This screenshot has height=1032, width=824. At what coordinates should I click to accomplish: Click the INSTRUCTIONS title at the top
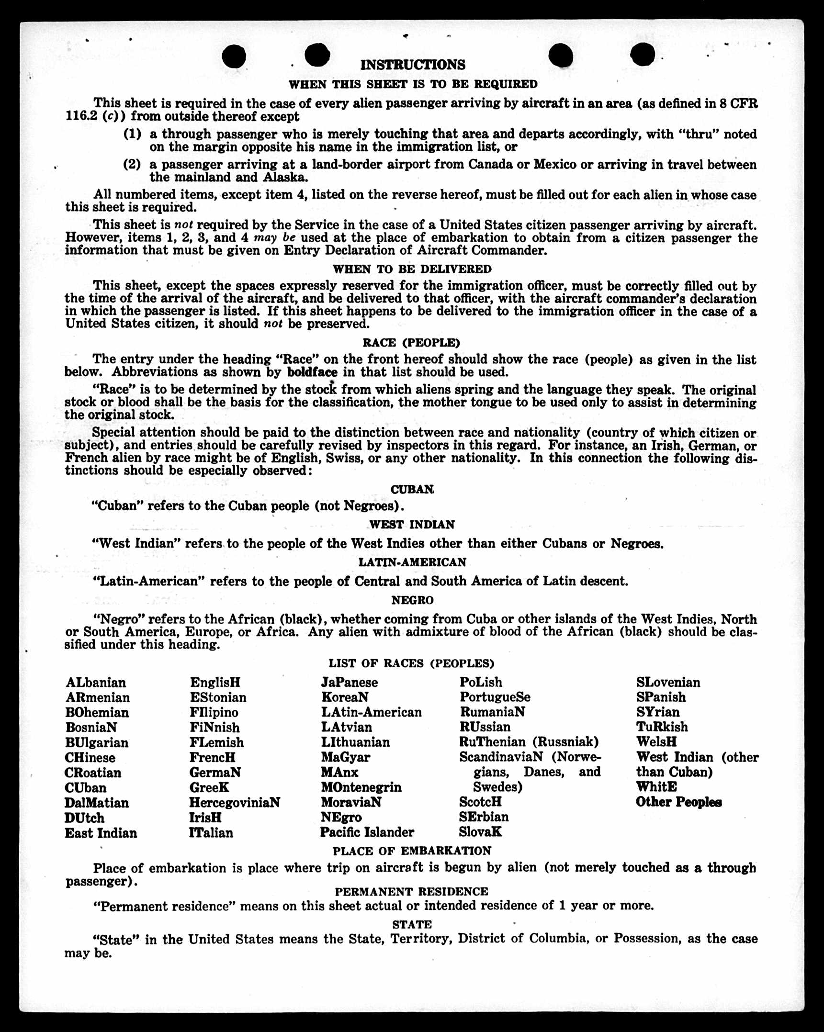[412, 65]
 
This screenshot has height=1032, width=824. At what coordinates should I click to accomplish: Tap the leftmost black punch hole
[234, 56]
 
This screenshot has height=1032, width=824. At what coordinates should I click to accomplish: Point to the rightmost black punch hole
[642, 54]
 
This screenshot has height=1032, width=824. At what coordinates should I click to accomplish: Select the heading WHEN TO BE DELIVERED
[412, 269]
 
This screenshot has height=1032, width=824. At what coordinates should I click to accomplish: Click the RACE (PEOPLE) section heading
[411, 343]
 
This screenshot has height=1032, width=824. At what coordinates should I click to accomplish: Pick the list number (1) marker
[132, 134]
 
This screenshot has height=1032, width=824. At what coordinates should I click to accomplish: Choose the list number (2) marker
[132, 165]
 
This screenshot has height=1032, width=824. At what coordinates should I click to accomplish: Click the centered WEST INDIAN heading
[412, 525]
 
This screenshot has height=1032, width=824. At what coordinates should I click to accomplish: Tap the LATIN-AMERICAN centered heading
[412, 562]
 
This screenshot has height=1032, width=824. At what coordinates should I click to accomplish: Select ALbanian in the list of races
[96, 682]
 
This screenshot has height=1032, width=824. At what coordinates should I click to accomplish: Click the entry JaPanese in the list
[349, 682]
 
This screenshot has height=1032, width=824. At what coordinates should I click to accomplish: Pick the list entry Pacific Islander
[367, 832]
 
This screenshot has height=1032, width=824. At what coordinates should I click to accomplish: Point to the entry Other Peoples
[678, 802]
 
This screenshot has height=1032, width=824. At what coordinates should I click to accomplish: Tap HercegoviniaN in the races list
[234, 802]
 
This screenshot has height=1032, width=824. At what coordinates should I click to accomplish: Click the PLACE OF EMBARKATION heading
[412, 851]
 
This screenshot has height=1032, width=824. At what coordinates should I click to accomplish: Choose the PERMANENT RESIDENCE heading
[411, 891]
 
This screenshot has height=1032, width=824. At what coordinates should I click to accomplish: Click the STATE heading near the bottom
[412, 924]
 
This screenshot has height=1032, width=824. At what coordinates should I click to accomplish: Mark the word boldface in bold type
[312, 372]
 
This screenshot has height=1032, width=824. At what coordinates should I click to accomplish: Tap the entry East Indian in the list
[101, 833]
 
